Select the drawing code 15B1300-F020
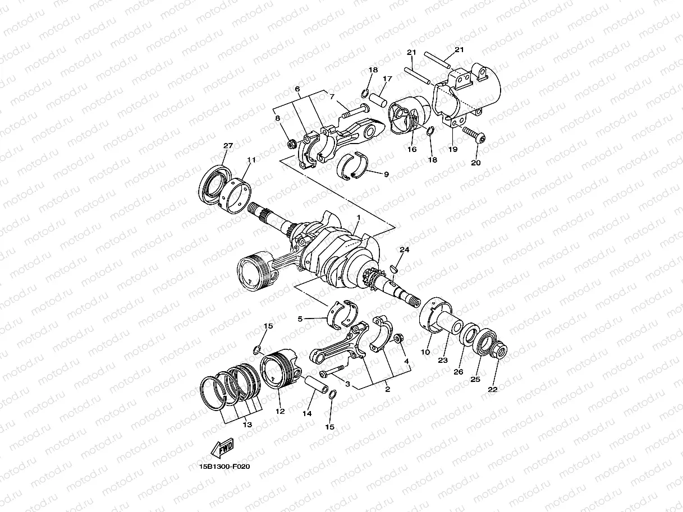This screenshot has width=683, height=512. pyautogui.click(x=224, y=466)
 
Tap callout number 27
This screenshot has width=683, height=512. pyautogui.click(x=227, y=146)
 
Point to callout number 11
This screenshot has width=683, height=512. pyautogui.click(x=251, y=160)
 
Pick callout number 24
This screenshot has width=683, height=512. pyautogui.click(x=404, y=249)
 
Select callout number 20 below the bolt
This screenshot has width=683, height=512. pyautogui.click(x=476, y=163)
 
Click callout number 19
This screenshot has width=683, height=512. pyautogui.click(x=453, y=149)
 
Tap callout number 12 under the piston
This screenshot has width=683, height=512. pyautogui.click(x=280, y=411)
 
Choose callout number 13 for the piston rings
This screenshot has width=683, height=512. pyautogui.click(x=247, y=425)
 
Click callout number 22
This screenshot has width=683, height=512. pyautogui.click(x=493, y=389)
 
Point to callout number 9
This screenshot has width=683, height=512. pyautogui.click(x=386, y=174)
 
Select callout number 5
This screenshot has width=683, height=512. pyautogui.click(x=300, y=319)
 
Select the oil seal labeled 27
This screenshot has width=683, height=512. pyautogui.click(x=213, y=182)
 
